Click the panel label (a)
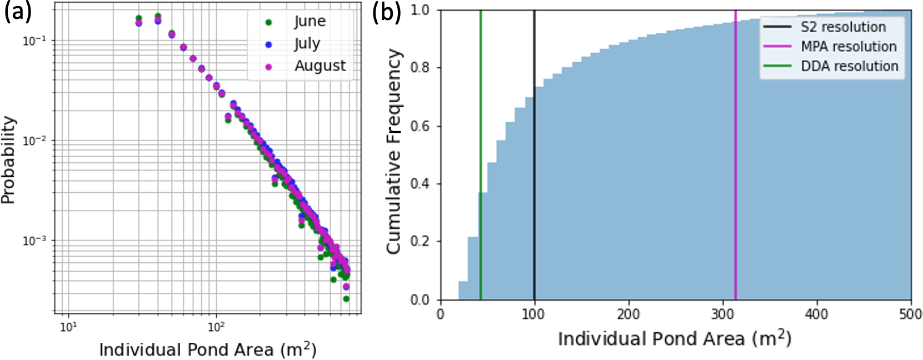18,12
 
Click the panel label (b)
386,12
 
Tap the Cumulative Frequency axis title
394,151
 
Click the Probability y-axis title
8,160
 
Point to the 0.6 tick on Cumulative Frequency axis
421,126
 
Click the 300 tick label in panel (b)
722,314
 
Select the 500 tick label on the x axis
910,314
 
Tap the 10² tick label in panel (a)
216,327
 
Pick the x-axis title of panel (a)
207,349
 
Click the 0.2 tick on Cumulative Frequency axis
421,242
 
